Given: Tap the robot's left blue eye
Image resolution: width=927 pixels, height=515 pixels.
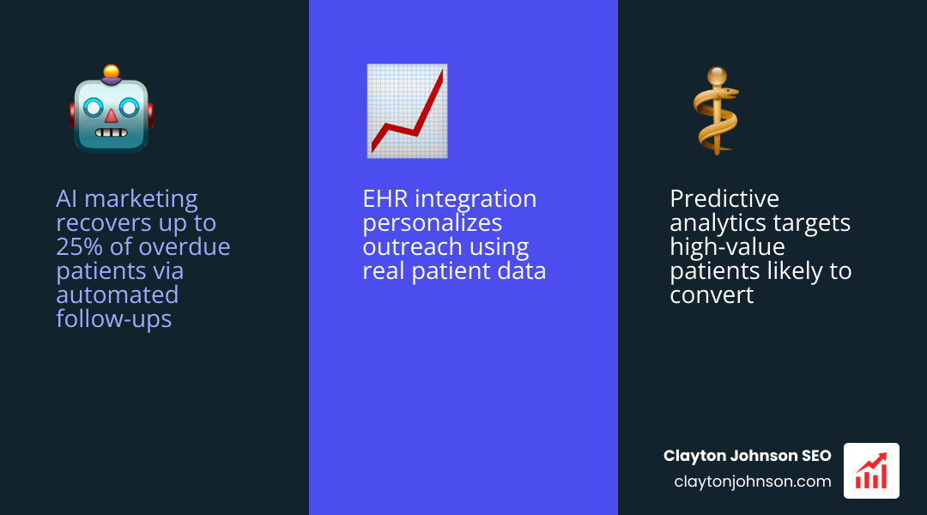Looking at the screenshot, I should coord(94,107).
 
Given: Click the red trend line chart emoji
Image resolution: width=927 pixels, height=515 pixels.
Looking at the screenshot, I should coord(407,111).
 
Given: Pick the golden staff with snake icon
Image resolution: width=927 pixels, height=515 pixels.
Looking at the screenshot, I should coord(717,111).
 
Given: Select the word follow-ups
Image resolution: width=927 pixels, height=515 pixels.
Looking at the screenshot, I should coord(113,319).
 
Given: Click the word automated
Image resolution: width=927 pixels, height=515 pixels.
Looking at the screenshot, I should coord(118,295).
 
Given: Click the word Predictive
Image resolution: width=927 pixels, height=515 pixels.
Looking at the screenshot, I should coord(724,199).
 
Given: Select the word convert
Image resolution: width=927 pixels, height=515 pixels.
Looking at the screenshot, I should coord(712,295).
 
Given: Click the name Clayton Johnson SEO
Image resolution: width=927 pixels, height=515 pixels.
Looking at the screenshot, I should coord(747,456).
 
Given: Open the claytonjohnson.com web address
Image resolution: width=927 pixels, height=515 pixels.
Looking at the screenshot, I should coord(753,482).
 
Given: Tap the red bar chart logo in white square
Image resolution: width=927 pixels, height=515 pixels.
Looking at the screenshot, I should coord(871,470).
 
